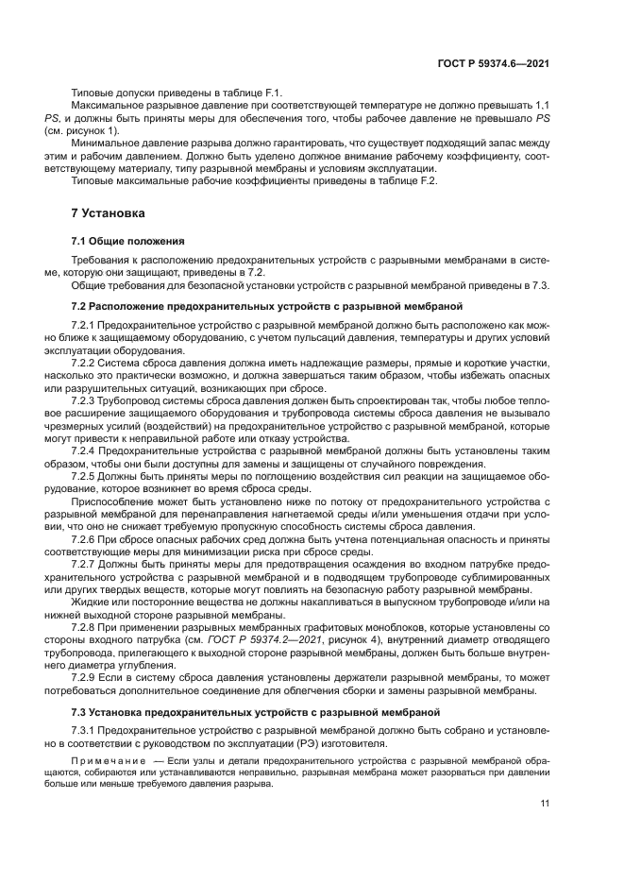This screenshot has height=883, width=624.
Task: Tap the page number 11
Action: (545, 805)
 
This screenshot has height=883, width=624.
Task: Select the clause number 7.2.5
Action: (84, 476)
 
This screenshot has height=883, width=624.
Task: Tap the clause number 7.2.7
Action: (84, 564)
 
